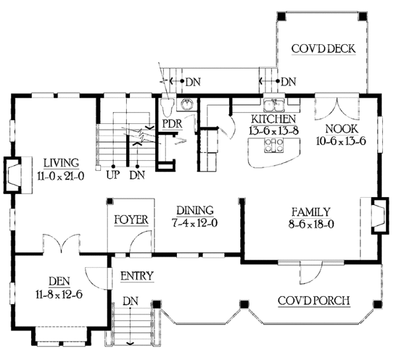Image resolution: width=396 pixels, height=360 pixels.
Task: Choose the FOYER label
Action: (131, 219)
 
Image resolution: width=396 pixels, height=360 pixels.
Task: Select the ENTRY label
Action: (137, 276)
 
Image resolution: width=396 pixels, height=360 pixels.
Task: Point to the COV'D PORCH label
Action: (314, 301)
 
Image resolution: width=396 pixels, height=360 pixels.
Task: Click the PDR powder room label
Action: (173, 122)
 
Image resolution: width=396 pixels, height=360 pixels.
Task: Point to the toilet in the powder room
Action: (168, 106)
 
